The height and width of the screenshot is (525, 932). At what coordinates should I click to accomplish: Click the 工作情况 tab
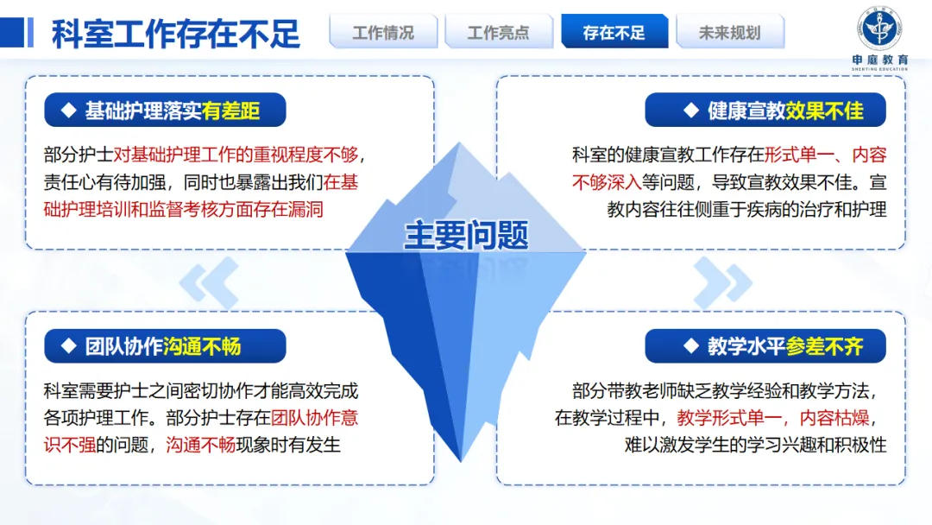pos(382,33)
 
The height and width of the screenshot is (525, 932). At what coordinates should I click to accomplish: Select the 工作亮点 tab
pos(498,33)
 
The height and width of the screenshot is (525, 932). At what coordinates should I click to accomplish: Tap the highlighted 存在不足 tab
pos(614,33)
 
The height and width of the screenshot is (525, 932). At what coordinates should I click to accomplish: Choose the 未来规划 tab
pos(730,33)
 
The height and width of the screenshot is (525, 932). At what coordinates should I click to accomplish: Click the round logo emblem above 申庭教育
pos(879,27)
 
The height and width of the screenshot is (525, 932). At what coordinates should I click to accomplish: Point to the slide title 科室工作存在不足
pos(176,35)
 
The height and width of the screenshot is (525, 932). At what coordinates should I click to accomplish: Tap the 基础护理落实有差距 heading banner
pos(164,111)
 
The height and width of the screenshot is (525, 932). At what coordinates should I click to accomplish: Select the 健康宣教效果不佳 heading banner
pos(766,111)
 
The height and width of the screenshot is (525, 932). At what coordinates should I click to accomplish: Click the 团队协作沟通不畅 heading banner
pos(164,346)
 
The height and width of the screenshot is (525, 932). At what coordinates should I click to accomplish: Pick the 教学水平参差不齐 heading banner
pos(766,346)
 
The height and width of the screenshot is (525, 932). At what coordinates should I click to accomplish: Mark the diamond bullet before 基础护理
pos(69,111)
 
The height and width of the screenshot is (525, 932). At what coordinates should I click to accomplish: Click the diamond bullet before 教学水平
pos(691,346)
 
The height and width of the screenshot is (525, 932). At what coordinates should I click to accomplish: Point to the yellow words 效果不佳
pos(824,111)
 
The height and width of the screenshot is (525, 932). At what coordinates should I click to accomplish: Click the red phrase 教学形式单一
pos(732,418)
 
